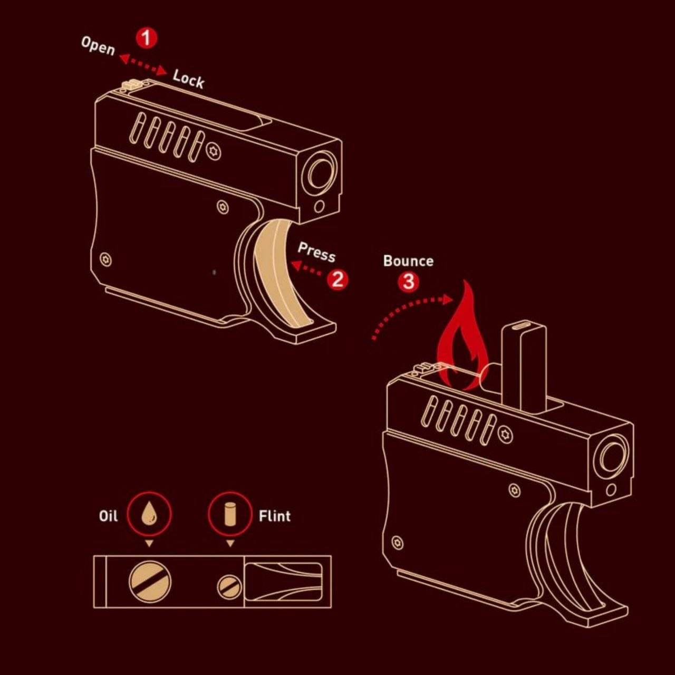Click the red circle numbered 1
coord(147,38)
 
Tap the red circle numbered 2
coord(337,279)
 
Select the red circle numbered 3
coord(409,282)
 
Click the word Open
coord(98,46)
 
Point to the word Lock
coord(188,79)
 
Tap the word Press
coord(316,252)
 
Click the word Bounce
coord(409,261)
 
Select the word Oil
coord(108,516)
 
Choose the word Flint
coord(275,516)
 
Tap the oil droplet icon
coord(149,513)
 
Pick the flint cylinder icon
coord(230,514)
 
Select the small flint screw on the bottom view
coord(229,587)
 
